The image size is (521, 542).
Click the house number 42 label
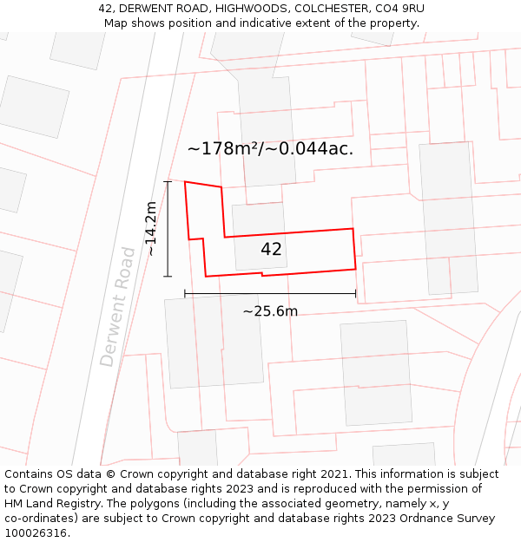[271, 250]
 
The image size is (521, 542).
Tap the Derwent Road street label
[118, 306]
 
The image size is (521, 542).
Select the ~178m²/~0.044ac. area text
[270, 148]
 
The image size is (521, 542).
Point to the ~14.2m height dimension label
[151, 228]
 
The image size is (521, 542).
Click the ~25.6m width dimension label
[270, 311]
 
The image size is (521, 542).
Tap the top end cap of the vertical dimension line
[168, 181]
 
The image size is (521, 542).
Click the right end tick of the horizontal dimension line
[356, 293]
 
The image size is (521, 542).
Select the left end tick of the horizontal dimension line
[185, 293]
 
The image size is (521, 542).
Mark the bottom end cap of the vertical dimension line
[168, 277]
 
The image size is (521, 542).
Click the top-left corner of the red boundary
[185, 182]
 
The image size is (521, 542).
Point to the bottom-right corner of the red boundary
[356, 269]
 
